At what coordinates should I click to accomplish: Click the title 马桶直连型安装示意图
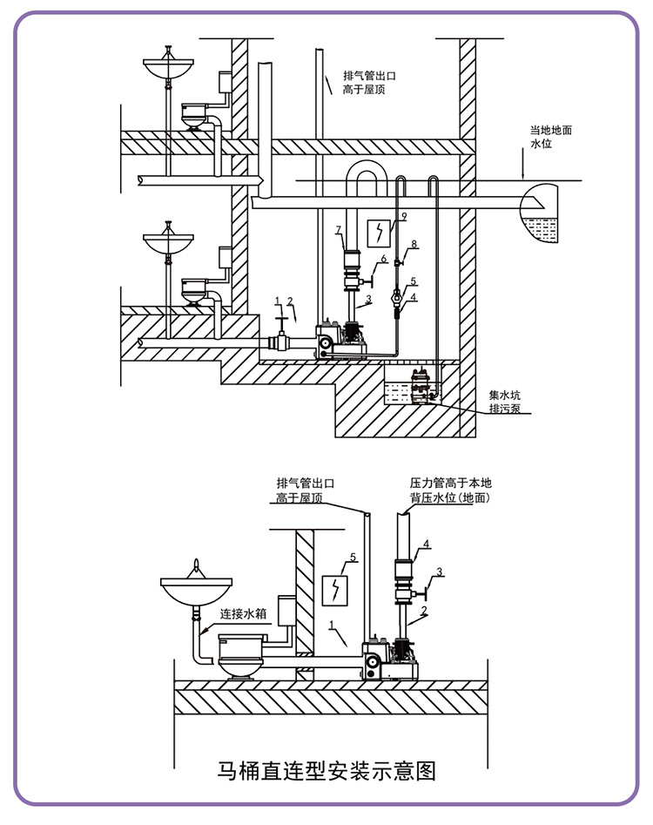pyautogui.click(x=326, y=771)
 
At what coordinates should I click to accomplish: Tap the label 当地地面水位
pyautogui.click(x=550, y=137)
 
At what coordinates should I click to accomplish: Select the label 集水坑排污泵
pyautogui.click(x=505, y=402)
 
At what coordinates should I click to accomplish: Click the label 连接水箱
pyautogui.click(x=243, y=613)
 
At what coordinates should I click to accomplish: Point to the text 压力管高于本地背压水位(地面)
pyautogui.click(x=451, y=490)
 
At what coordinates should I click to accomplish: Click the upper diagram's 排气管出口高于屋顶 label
pyautogui.click(x=369, y=83)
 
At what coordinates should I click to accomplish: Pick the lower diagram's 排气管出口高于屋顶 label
pyautogui.click(x=306, y=490)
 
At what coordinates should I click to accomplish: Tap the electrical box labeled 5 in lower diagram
pyautogui.click(x=335, y=591)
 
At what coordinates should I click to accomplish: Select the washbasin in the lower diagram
pyautogui.click(x=196, y=588)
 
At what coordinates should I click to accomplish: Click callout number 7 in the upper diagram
pyautogui.click(x=339, y=230)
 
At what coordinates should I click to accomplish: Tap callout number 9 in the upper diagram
pyautogui.click(x=404, y=216)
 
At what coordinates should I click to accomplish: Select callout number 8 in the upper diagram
pyautogui.click(x=414, y=244)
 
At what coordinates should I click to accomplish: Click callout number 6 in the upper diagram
pyautogui.click(x=384, y=259)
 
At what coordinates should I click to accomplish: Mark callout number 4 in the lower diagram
pyautogui.click(x=426, y=544)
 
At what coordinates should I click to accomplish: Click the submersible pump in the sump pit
pyautogui.click(x=421, y=387)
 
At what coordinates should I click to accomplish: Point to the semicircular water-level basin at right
pyautogui.click(x=539, y=213)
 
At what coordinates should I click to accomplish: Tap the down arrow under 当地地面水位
pyautogui.click(x=522, y=164)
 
